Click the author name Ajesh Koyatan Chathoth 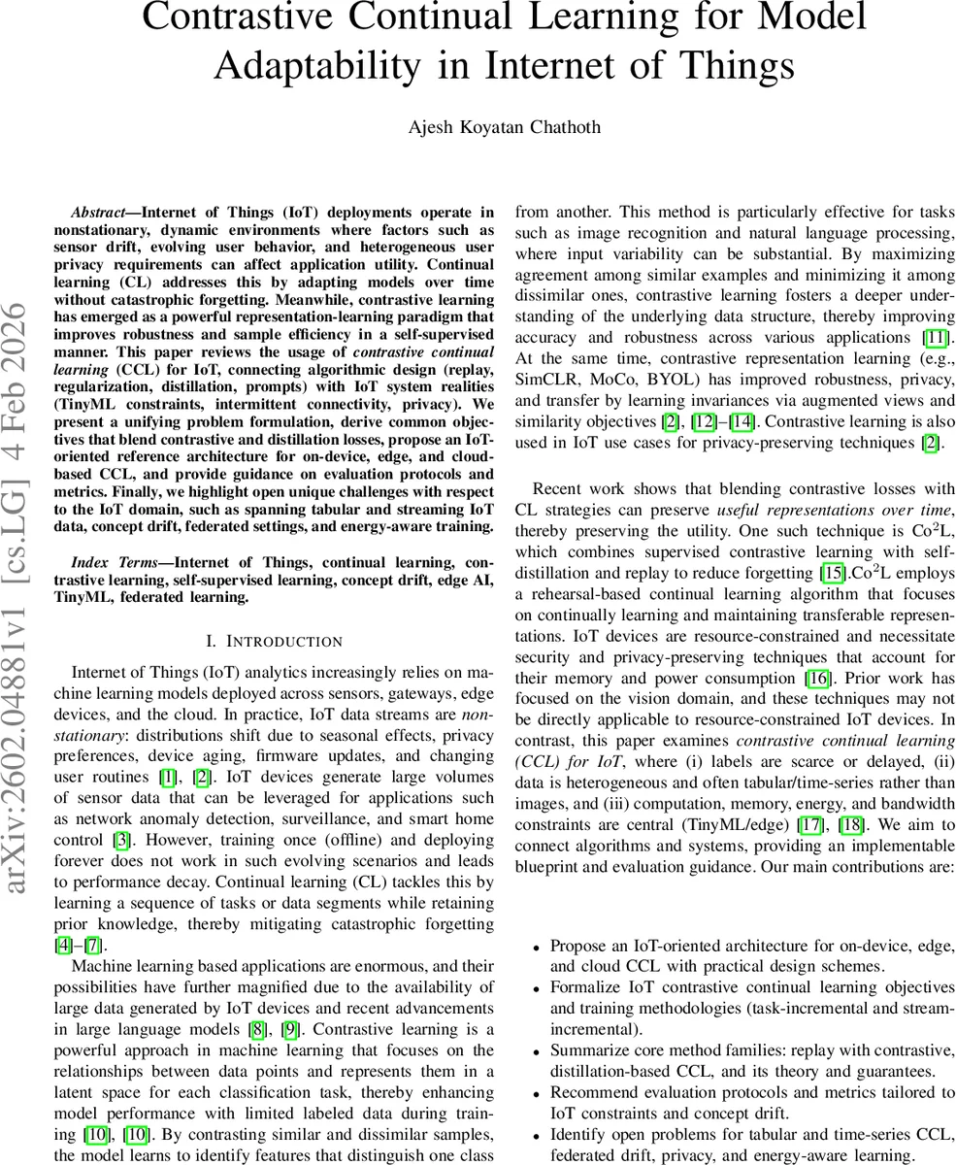click(503, 127)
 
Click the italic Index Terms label click(114, 562)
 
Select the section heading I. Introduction click(275, 641)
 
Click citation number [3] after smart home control click(121, 840)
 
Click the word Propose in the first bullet click(580, 946)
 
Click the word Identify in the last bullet click(578, 1134)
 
